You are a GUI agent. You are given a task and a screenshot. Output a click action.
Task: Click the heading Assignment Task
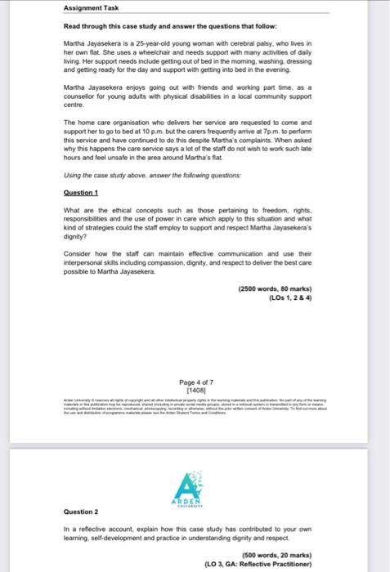point(91,8)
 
